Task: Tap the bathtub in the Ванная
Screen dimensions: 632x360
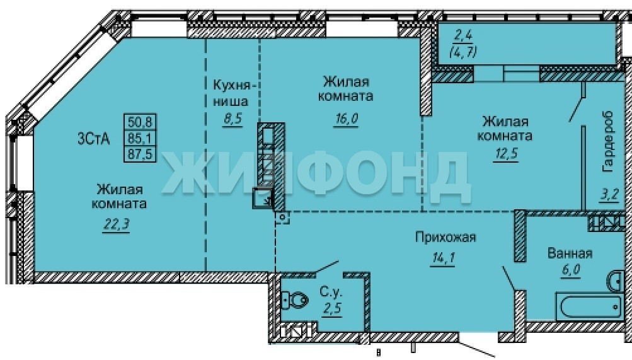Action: coord(589,306)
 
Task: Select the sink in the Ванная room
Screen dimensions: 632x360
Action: coord(615,281)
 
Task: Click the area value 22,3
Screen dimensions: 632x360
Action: coord(117,224)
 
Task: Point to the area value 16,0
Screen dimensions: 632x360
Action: coord(346,119)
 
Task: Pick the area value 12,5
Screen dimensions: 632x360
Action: coord(505,154)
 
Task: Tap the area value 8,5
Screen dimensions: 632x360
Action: coord(233,119)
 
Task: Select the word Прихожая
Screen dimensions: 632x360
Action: coord(445,237)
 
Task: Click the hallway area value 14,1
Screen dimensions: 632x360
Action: coord(443,258)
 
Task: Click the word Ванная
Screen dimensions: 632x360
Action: coord(570,253)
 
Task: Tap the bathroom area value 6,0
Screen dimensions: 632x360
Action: coord(571,269)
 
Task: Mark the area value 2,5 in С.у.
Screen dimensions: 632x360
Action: coord(332,309)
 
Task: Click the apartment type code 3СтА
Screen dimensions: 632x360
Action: coord(93,139)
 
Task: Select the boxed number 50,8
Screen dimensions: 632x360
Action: coord(139,121)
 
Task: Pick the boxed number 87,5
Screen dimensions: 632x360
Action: coord(139,154)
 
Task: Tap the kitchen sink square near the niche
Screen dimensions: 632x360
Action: coord(263,198)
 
